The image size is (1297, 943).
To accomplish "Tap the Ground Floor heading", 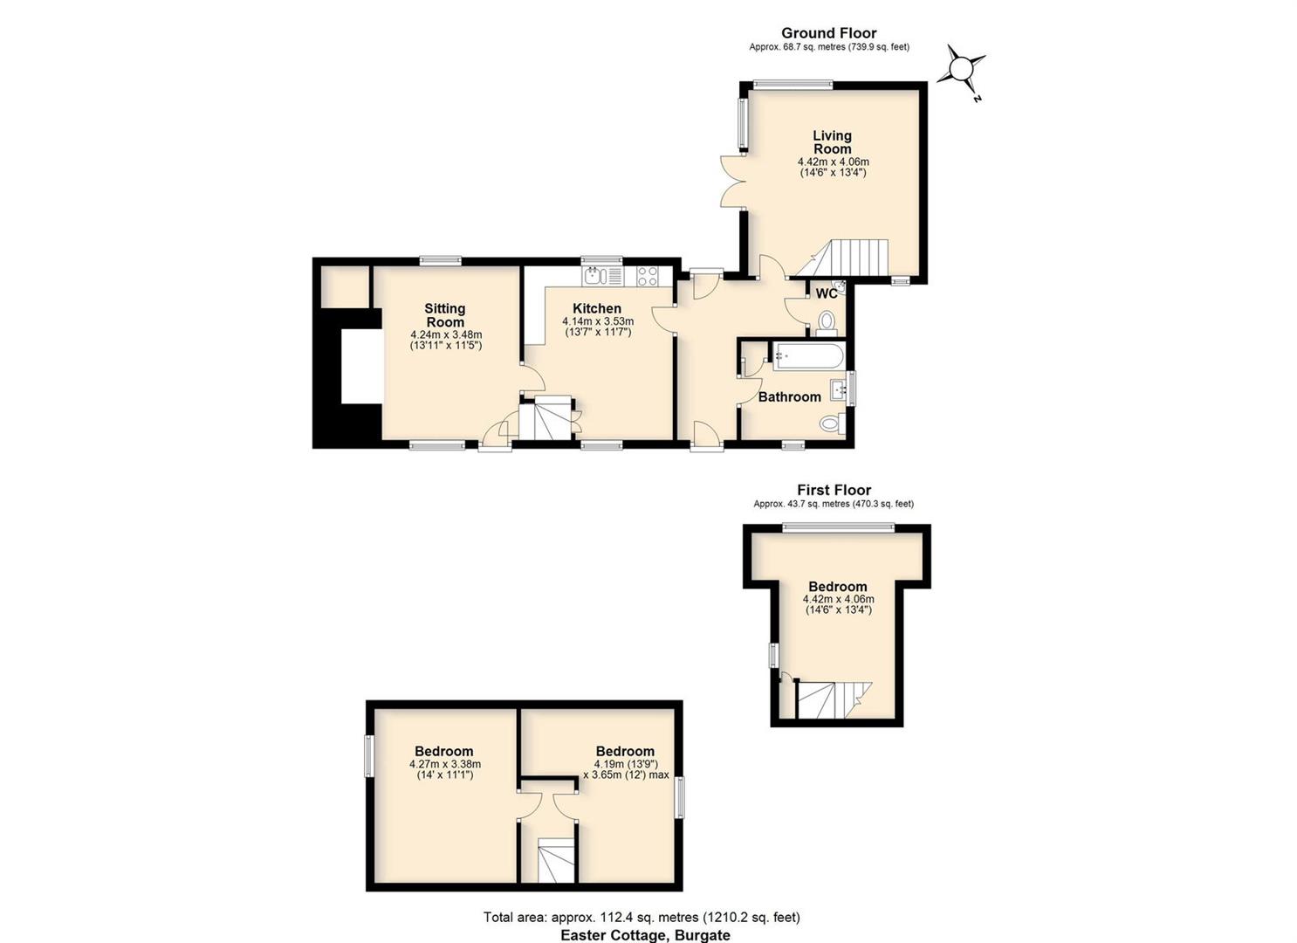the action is pyautogui.click(x=829, y=33).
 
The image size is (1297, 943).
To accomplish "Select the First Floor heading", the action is pyautogui.click(x=834, y=490).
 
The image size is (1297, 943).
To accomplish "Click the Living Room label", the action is pyautogui.click(x=833, y=142).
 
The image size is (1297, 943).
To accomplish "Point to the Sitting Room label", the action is pyautogui.click(x=444, y=315).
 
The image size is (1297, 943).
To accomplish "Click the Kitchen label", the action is pyautogui.click(x=597, y=308).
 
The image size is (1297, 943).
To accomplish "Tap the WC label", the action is pyautogui.click(x=827, y=293).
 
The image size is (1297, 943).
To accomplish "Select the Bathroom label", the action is pyautogui.click(x=789, y=396).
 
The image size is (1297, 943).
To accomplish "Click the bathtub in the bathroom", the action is pyautogui.click(x=808, y=355).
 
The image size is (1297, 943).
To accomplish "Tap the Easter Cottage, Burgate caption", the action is pyautogui.click(x=645, y=935).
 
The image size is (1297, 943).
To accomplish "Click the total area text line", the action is pyautogui.click(x=642, y=917).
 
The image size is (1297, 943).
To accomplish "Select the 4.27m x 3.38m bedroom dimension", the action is pyautogui.click(x=444, y=763).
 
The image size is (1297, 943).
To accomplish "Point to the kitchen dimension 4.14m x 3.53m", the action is pyautogui.click(x=598, y=321).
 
